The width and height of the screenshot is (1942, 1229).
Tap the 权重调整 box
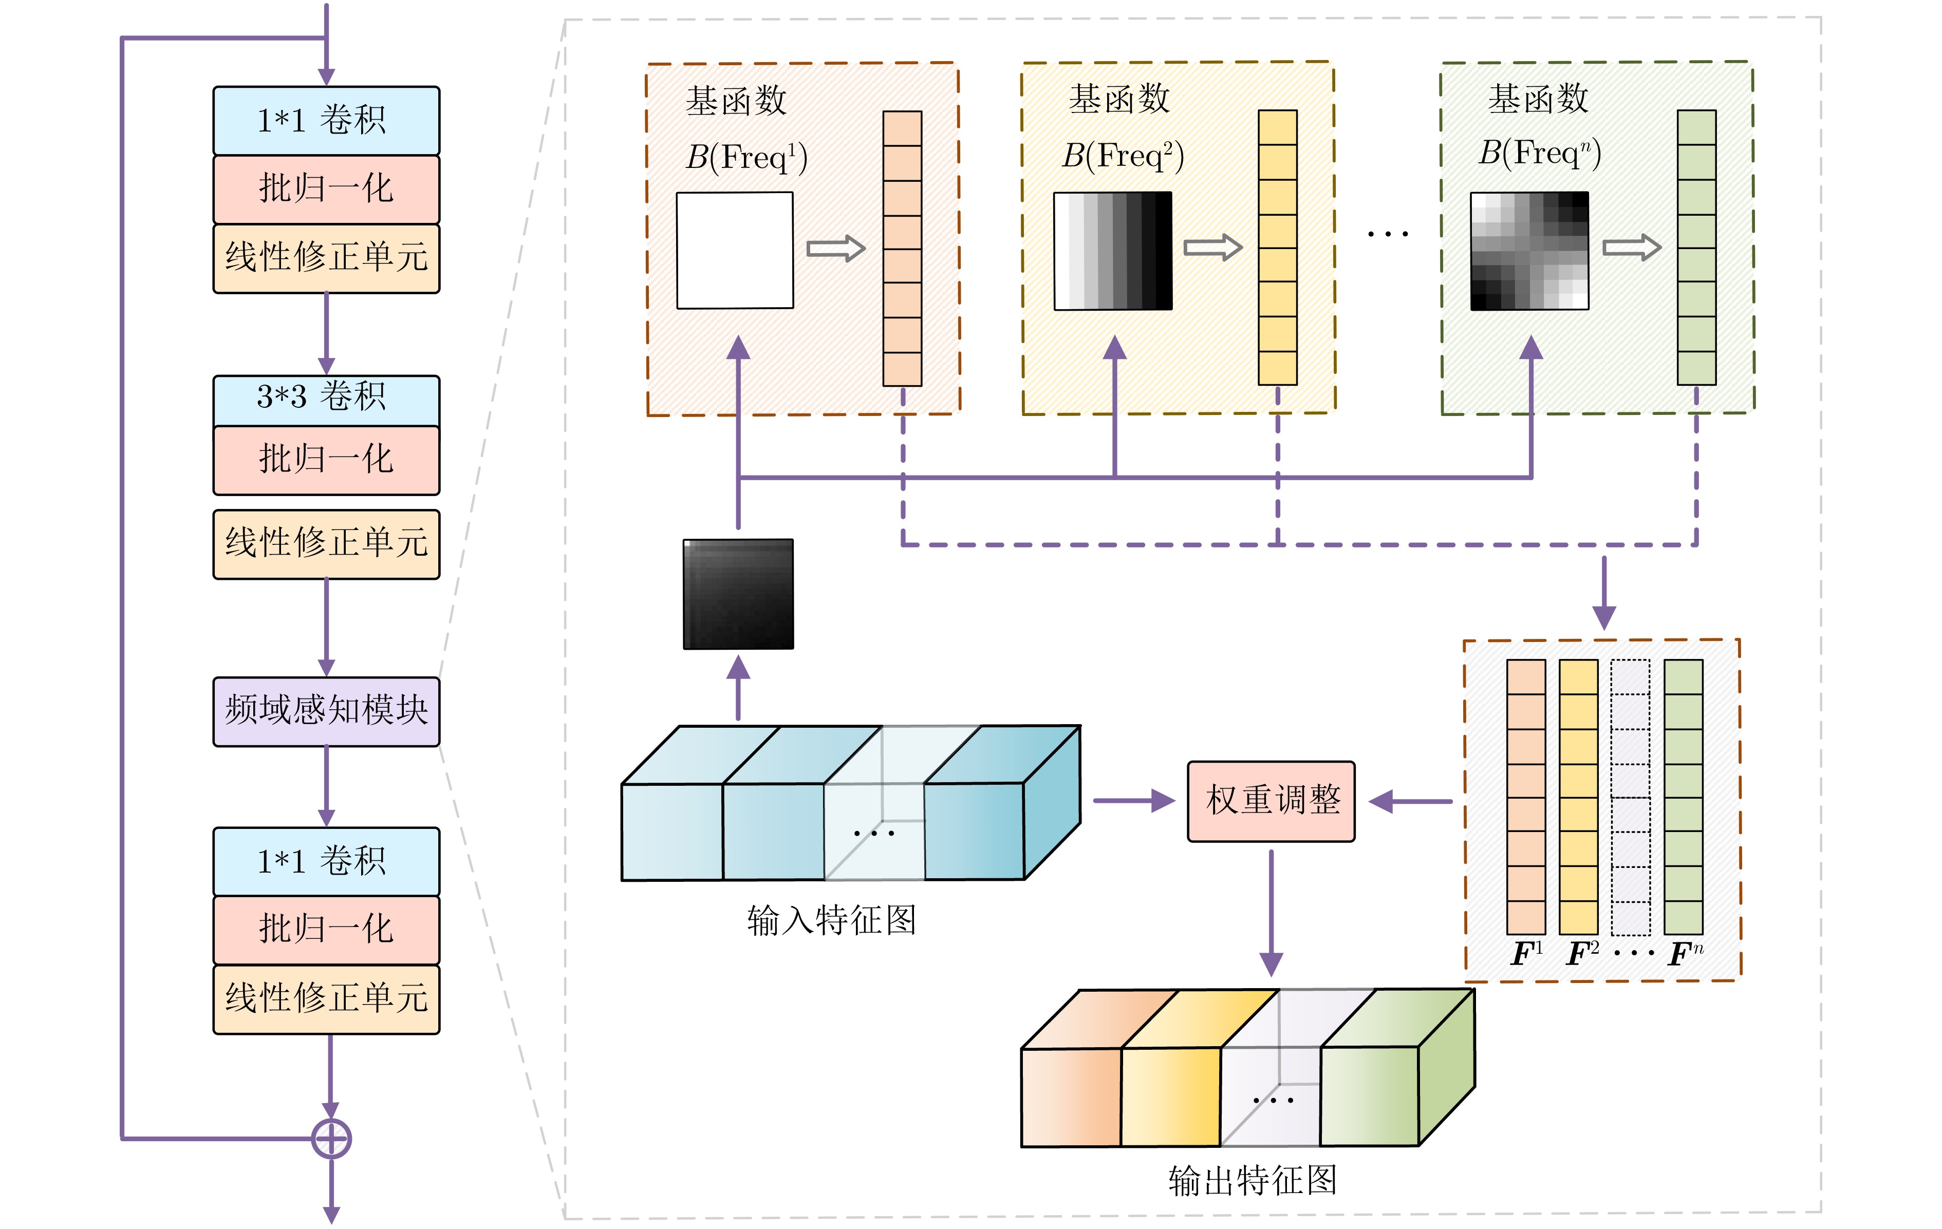[1271, 801]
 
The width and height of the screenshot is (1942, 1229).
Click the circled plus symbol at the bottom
[331, 1138]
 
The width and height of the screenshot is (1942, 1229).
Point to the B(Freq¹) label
[746, 157]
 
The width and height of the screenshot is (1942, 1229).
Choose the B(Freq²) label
[1123, 155]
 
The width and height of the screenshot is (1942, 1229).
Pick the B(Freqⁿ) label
[1539, 153]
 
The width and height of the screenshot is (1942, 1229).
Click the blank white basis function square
[735, 250]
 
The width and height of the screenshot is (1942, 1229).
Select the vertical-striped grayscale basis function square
[1113, 250]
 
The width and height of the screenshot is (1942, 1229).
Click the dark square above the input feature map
[738, 594]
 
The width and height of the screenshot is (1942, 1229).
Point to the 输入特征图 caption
[831, 920]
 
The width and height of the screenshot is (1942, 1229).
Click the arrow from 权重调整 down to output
[1271, 911]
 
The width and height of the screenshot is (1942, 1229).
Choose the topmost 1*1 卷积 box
[326, 120]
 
